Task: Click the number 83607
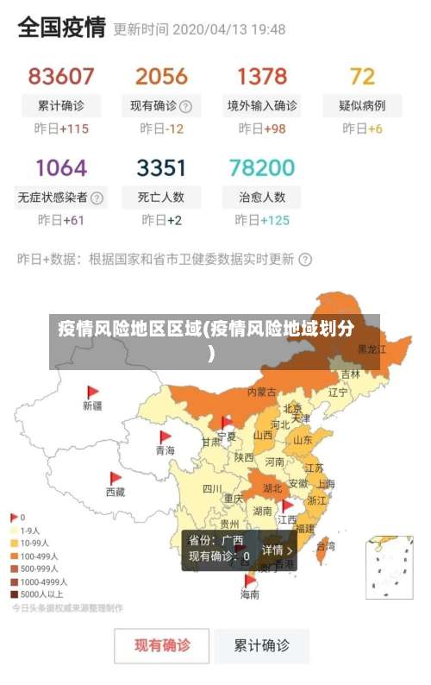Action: (x=60, y=76)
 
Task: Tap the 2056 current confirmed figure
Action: (x=161, y=76)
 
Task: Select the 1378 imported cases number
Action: (x=262, y=76)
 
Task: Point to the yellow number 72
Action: (x=362, y=76)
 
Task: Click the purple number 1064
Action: (x=60, y=167)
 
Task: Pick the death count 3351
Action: (x=161, y=167)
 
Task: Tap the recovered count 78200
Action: (x=262, y=167)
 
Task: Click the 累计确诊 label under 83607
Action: (x=60, y=106)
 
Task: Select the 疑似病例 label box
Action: (x=362, y=106)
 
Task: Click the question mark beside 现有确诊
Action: (x=185, y=107)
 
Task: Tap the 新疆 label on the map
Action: (x=92, y=405)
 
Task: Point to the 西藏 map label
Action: (x=116, y=493)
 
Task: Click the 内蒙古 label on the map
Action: (x=262, y=392)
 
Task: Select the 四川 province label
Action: (x=212, y=489)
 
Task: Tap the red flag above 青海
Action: (x=165, y=437)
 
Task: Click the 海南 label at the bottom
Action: (x=250, y=594)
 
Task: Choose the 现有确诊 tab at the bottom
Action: (x=162, y=644)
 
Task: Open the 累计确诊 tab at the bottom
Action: (x=262, y=644)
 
